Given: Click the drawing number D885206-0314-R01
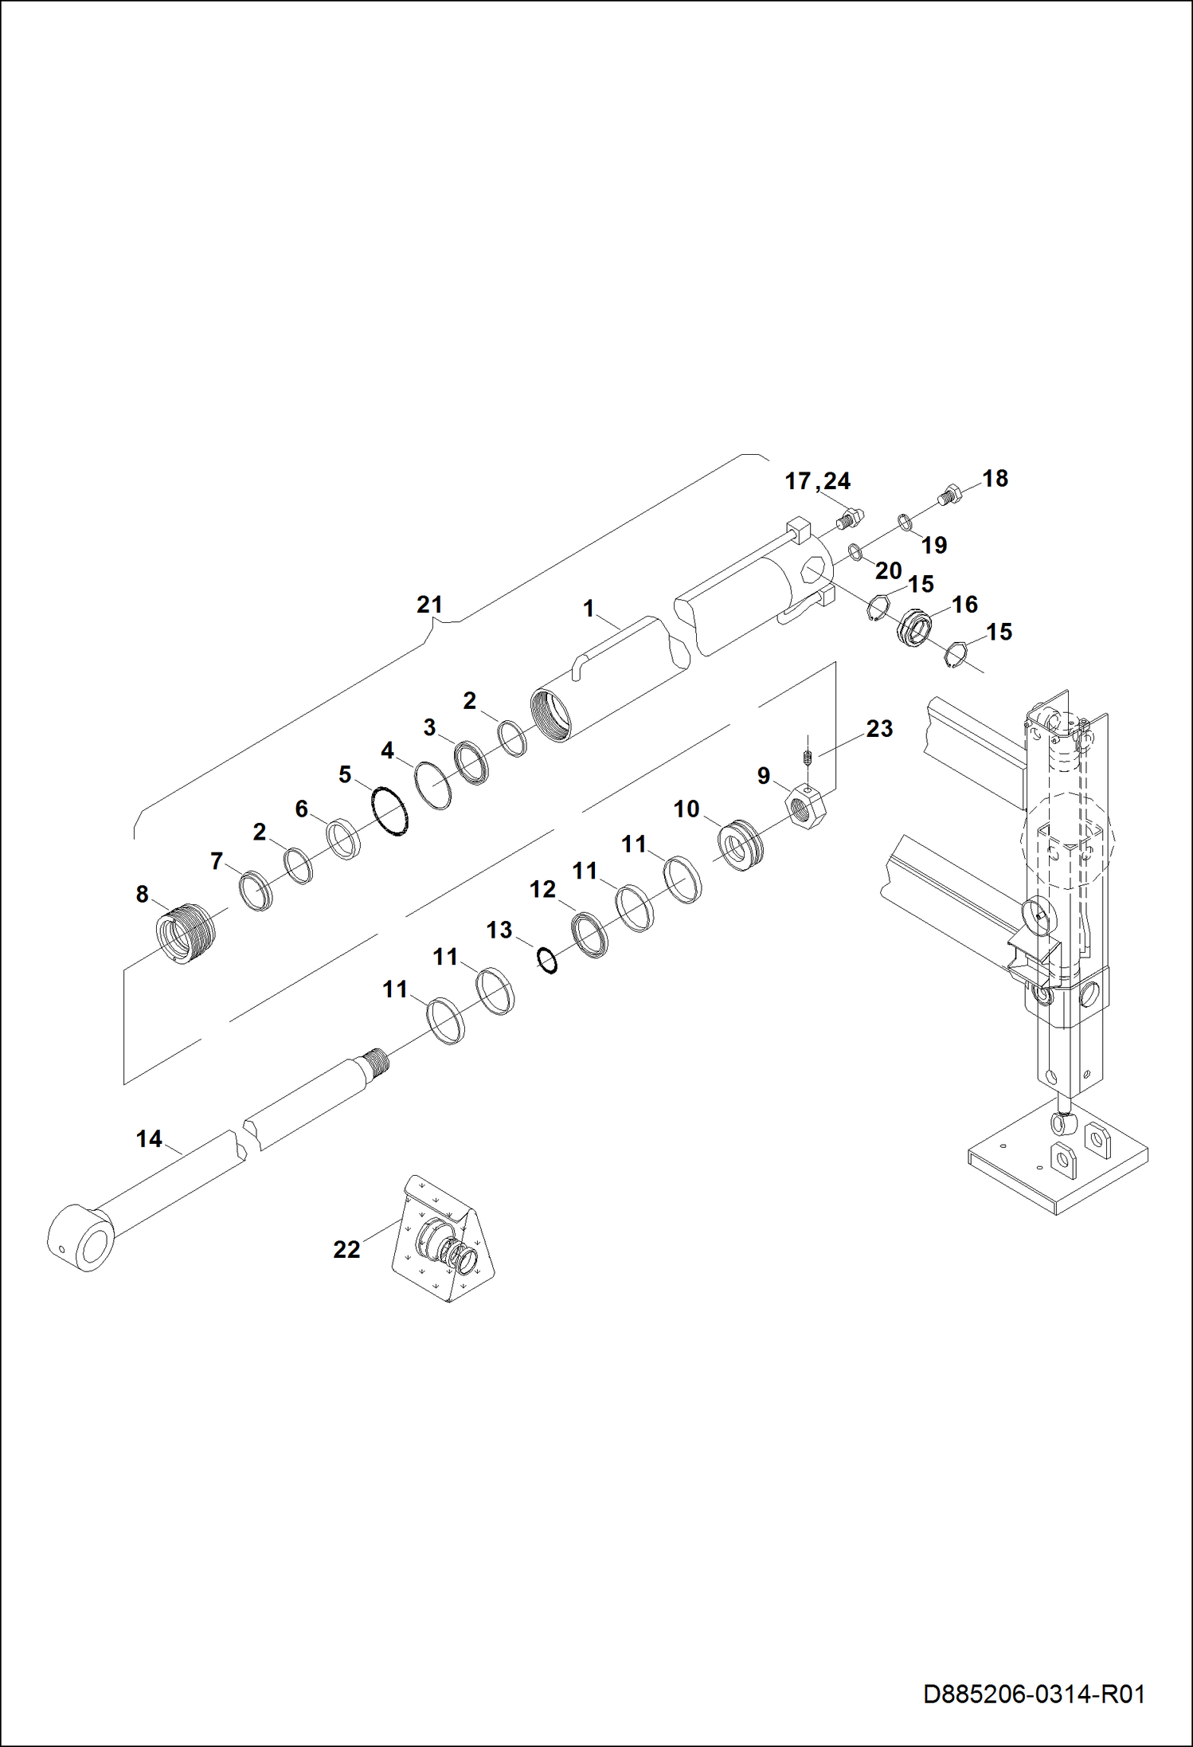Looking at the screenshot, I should tap(1034, 1694).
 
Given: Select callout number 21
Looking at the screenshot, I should tap(429, 605).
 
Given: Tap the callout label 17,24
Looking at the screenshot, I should tap(817, 481).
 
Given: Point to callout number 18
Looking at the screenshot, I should tap(995, 478).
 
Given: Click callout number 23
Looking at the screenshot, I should tap(879, 728).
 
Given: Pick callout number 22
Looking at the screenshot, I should tap(346, 1249).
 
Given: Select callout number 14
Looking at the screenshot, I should tap(149, 1139).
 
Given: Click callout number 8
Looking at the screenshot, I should tap(142, 895).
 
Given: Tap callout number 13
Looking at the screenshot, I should tap(499, 930).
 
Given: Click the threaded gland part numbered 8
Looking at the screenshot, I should tap(185, 934).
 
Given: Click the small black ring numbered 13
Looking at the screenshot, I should tap(547, 961).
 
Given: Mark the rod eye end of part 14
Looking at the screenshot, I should tap(82, 1238).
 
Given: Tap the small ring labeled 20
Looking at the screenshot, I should tap(854, 551).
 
